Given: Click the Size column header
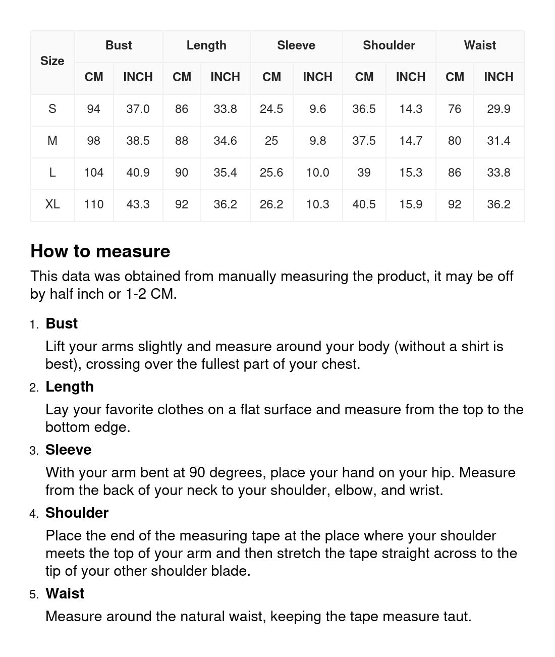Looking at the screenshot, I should pyautogui.click(x=52, y=61).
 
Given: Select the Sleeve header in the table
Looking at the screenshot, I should pyautogui.click(x=296, y=45).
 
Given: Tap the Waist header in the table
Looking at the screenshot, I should pyautogui.click(x=480, y=45).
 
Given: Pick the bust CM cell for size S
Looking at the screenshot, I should pyautogui.click(x=93, y=109).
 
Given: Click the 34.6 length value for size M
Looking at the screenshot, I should pyautogui.click(x=225, y=141).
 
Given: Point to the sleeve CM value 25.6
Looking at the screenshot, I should pyautogui.click(x=271, y=173).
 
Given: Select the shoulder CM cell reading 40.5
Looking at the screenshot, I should pyautogui.click(x=364, y=204).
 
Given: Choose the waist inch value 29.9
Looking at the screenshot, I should pyautogui.click(x=498, y=109).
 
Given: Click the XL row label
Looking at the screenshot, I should pyautogui.click(x=52, y=204).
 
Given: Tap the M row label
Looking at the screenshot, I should pyautogui.click(x=52, y=141).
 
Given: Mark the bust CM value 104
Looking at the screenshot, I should pyautogui.click(x=93, y=173).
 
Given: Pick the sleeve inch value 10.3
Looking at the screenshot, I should pyautogui.click(x=317, y=204).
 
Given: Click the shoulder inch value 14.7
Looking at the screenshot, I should pyautogui.click(x=411, y=141).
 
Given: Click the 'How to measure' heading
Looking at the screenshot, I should pyautogui.click(x=100, y=251).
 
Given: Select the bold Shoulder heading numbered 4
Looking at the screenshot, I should pyautogui.click(x=77, y=513).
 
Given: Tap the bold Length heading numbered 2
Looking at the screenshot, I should pyautogui.click(x=70, y=387).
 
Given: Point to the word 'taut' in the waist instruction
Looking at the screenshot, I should pyautogui.click(x=456, y=616).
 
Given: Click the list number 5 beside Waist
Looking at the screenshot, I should pyautogui.click(x=33, y=594).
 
